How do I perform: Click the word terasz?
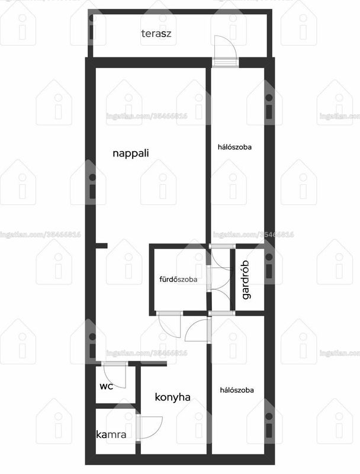(156, 33)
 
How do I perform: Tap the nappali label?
(131, 153)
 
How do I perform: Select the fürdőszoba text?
(178, 279)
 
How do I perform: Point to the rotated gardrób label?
(246, 280)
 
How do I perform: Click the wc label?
(107, 386)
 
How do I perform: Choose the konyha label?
(172, 397)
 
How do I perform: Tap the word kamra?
(111, 435)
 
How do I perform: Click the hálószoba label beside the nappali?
(234, 147)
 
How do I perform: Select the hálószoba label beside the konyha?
(237, 390)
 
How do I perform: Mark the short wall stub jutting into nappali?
(101, 246)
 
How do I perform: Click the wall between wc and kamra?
(116, 406)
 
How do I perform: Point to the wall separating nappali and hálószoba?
(208, 156)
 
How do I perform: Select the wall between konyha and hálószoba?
(209, 398)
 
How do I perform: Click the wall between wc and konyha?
(138, 387)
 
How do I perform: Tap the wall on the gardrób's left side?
(233, 280)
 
